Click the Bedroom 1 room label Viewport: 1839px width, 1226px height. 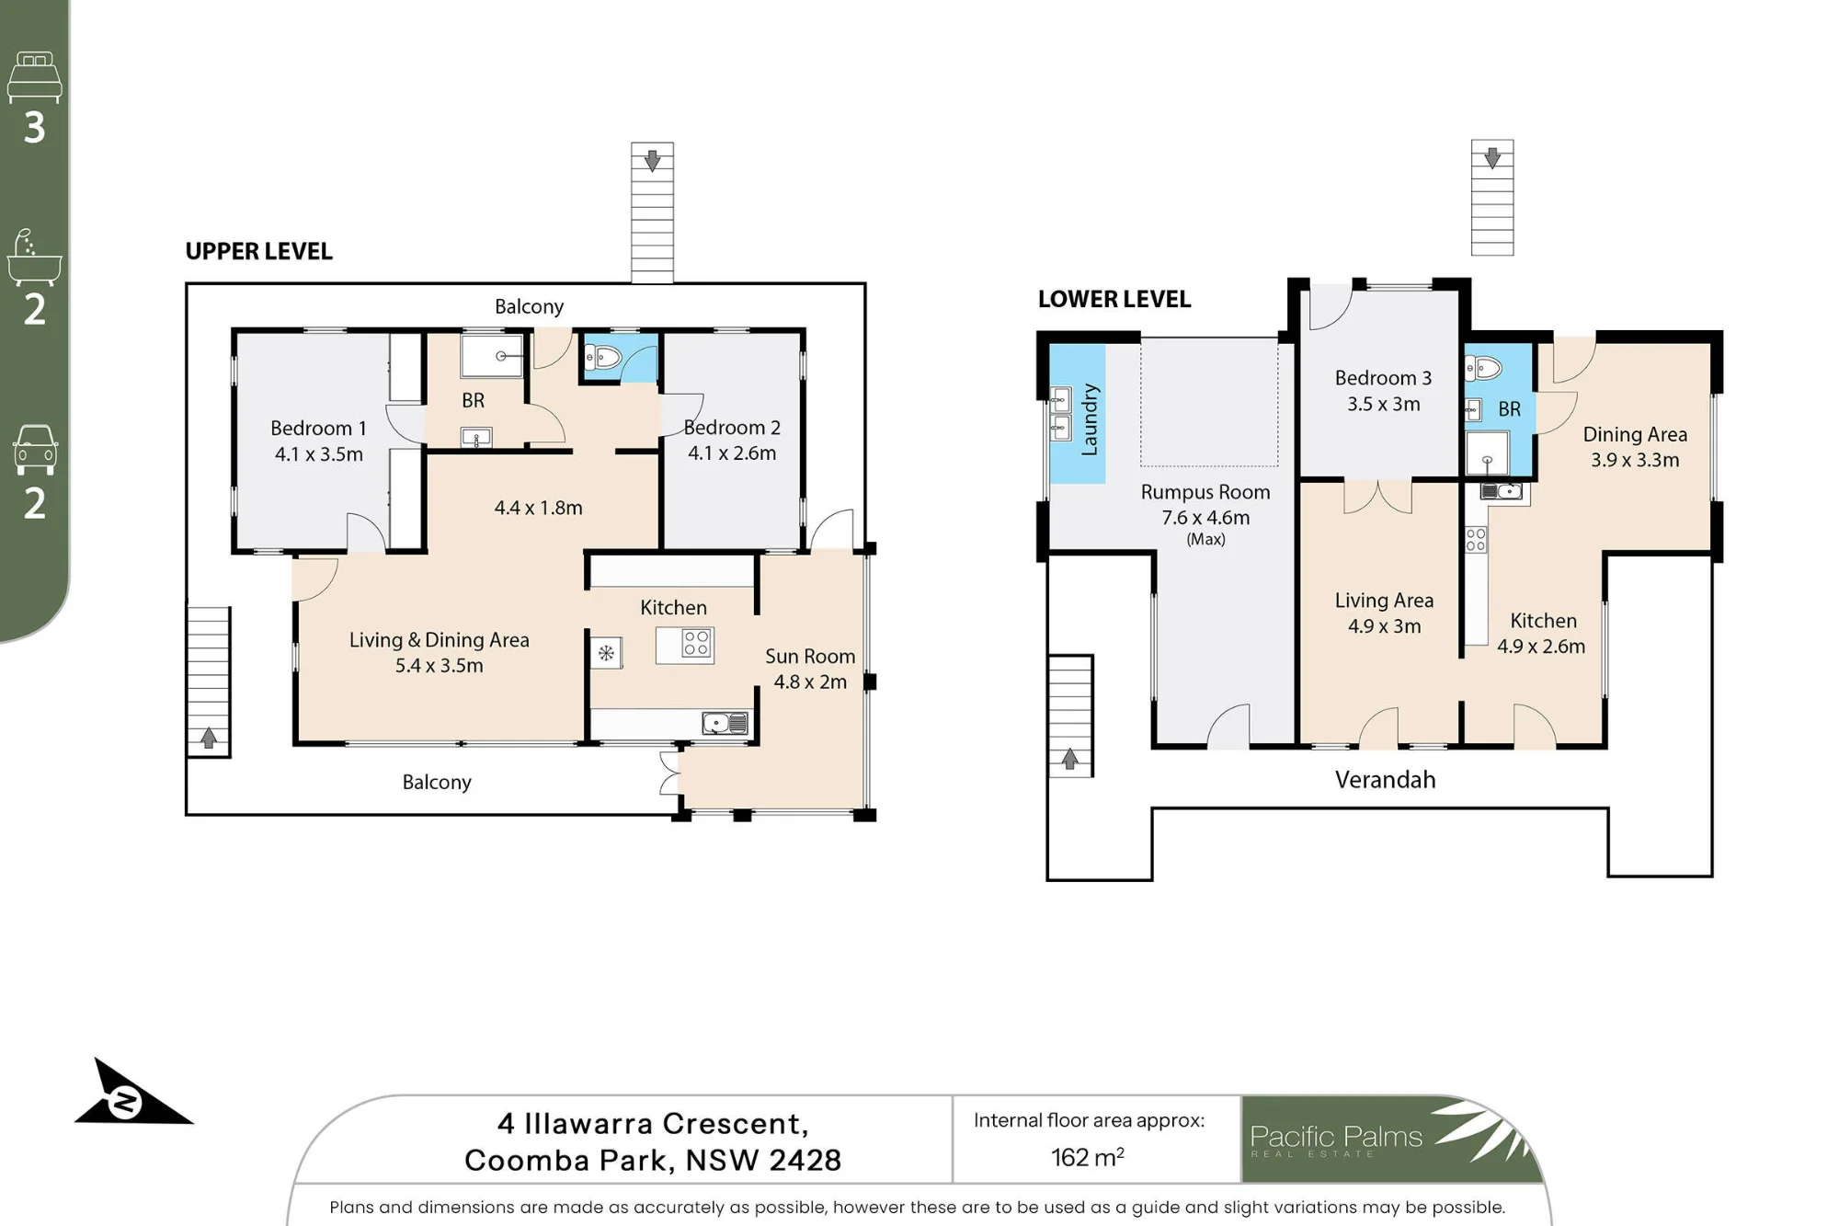(x=318, y=429)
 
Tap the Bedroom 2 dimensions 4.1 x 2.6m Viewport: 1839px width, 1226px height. (x=732, y=453)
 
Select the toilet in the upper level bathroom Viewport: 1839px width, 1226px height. (x=602, y=357)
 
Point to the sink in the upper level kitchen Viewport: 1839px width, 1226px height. (x=725, y=724)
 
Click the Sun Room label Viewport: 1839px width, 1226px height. (x=810, y=657)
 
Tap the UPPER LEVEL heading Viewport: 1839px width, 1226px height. (x=258, y=252)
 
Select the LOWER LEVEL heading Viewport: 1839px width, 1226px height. (x=1114, y=299)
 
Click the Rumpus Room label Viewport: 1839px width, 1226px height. (x=1205, y=492)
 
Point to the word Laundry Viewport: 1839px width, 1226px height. (x=1090, y=419)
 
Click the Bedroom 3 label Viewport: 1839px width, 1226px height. (x=1383, y=378)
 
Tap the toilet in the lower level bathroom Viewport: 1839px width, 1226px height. (x=1483, y=369)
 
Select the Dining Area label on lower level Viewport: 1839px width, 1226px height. (x=1635, y=435)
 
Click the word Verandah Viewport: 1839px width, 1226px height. (x=1385, y=780)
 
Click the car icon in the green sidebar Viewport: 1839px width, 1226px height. (x=35, y=450)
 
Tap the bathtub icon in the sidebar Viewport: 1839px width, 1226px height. (x=34, y=258)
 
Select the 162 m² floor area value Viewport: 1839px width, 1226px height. (x=1088, y=1157)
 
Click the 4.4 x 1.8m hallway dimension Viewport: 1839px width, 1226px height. (x=538, y=508)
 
